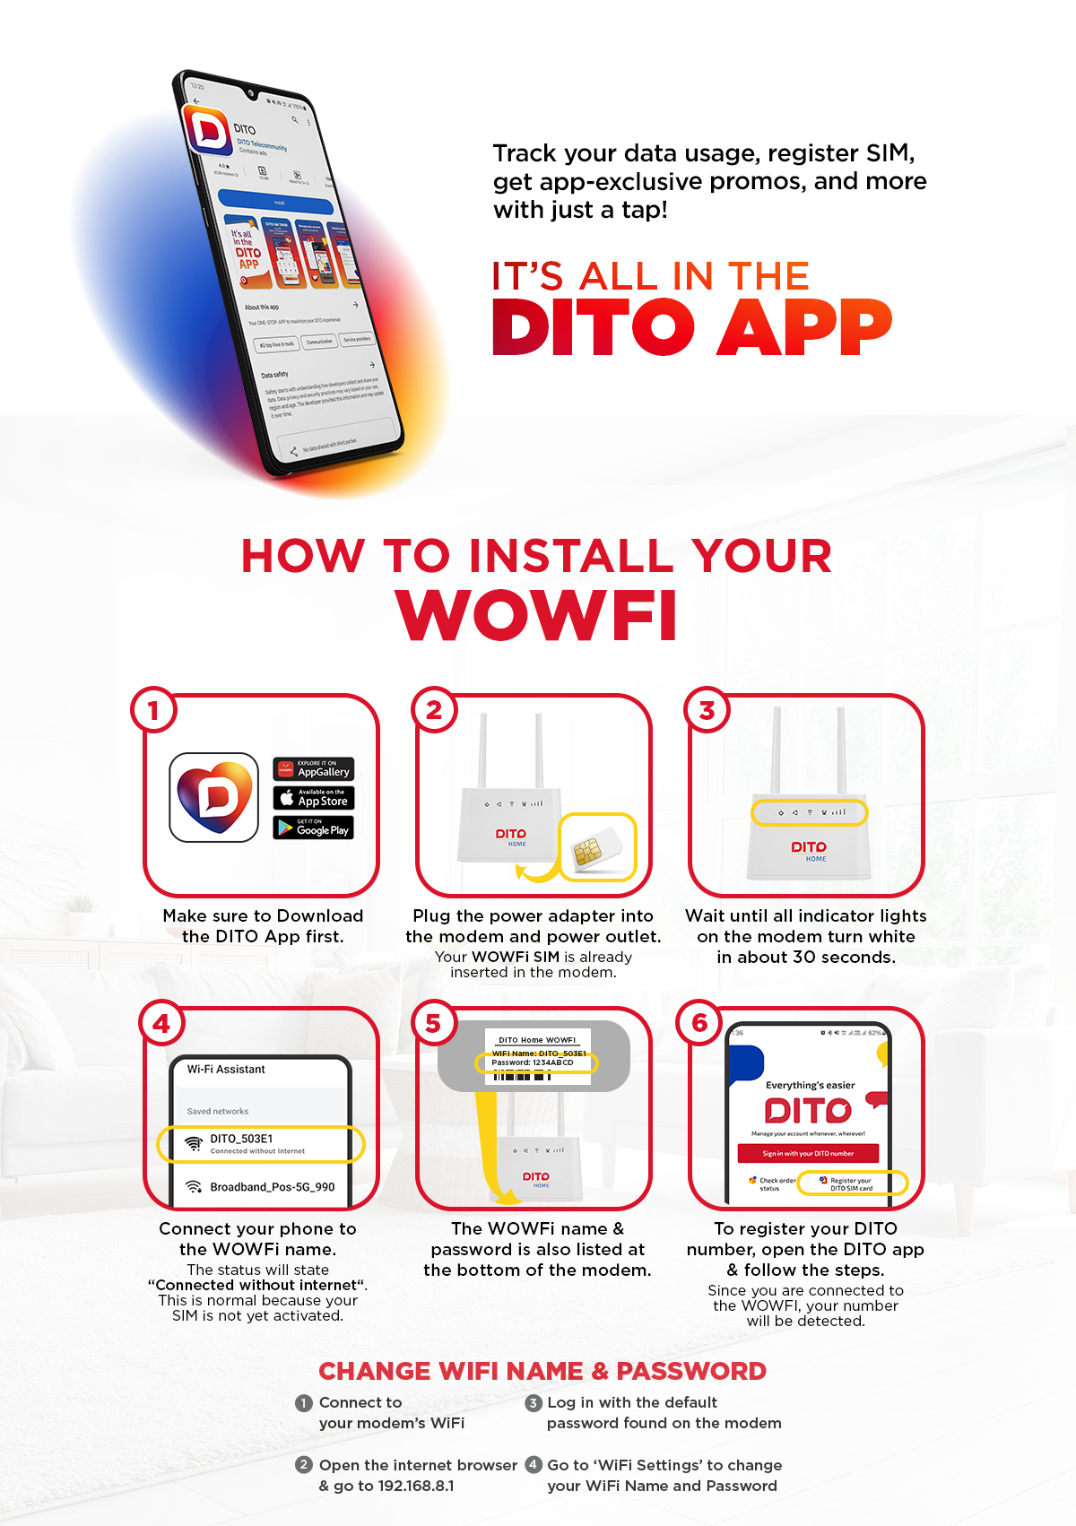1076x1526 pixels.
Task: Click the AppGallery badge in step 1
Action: (x=313, y=769)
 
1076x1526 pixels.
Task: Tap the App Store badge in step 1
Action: (x=313, y=798)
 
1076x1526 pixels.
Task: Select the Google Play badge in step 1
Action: (x=313, y=828)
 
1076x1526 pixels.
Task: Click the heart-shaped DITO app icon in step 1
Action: (x=214, y=796)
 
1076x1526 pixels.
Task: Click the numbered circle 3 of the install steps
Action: (x=707, y=710)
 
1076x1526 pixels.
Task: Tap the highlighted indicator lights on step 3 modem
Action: (x=810, y=812)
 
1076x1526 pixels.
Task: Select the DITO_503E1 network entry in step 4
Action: (x=260, y=1143)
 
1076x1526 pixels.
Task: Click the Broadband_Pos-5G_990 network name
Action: (x=272, y=1187)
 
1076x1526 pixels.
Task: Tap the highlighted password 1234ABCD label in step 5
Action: (x=535, y=1062)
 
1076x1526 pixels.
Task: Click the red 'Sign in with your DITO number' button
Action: (x=808, y=1153)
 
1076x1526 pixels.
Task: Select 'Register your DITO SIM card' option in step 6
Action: (x=851, y=1184)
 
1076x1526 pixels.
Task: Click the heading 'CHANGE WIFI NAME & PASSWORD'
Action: (x=542, y=1371)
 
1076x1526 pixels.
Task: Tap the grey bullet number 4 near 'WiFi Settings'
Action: (x=534, y=1464)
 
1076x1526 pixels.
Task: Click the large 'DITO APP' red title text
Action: (x=691, y=327)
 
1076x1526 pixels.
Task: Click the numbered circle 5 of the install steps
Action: (x=433, y=1023)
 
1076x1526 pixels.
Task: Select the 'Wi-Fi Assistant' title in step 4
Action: (x=226, y=1070)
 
